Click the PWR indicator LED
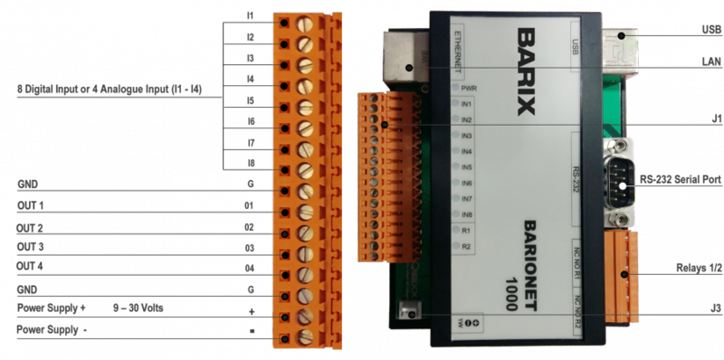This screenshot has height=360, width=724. coord(468,89)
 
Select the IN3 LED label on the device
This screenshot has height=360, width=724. coord(468,135)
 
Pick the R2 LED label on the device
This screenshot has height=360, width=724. coord(466,246)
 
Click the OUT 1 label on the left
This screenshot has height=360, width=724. coord(31,206)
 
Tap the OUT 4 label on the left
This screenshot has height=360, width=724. coord(31,267)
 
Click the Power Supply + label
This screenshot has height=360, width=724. coord(51,308)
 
